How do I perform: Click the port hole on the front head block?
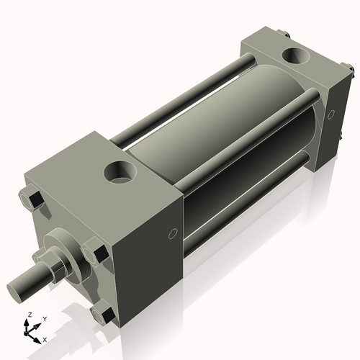120,172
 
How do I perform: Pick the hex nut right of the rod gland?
94,253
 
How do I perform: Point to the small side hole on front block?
173,233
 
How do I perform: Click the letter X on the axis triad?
45,338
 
